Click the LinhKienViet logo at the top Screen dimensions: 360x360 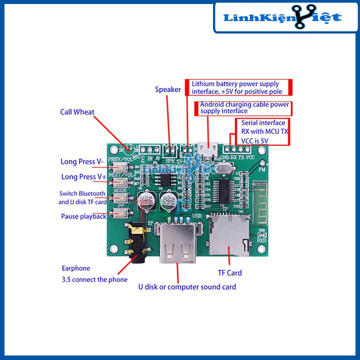282,17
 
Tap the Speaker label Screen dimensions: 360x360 167,89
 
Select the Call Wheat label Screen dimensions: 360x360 77,112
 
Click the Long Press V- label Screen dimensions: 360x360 82,161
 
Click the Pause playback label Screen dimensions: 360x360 83,216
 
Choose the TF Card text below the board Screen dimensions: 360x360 229,272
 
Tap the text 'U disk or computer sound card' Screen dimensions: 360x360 187,287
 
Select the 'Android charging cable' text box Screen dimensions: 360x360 244,108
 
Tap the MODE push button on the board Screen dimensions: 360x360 120,198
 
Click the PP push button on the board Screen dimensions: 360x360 120,214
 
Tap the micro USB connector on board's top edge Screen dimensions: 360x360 206,148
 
